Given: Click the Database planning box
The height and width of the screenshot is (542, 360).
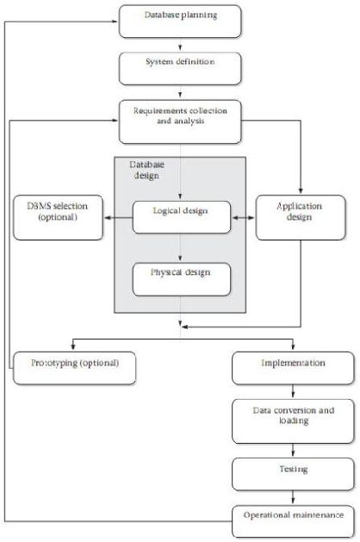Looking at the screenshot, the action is coord(180,22).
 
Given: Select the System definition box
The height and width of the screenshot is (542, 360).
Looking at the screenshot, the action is coord(180,68).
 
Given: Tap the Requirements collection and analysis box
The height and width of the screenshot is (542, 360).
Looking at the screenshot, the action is coord(180,121).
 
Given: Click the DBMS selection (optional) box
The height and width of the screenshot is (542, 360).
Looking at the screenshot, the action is coord(58,217).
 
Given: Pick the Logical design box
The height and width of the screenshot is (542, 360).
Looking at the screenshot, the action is coord(182,217).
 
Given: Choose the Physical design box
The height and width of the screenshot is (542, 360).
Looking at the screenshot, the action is coord(182,279).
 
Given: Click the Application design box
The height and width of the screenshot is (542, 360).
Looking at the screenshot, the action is coord(301,217).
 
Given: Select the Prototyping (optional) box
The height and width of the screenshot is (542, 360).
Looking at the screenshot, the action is coord(74,368).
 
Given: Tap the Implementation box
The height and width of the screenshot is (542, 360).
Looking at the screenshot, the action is coord(293,368).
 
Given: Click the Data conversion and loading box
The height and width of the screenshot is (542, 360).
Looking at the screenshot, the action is coord(293,421).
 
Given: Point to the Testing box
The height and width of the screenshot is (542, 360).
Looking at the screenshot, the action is coord(293,474).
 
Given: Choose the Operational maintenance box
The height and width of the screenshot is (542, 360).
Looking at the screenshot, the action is coord(293,521).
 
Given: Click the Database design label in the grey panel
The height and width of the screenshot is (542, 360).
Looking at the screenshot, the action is coord(146,170).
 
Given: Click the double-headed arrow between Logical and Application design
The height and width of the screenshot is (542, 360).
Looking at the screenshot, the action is coord(243,217).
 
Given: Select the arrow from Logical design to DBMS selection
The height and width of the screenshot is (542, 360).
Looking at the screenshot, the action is coord(119,217).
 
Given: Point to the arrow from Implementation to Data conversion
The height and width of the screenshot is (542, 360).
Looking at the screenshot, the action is coord(293,391).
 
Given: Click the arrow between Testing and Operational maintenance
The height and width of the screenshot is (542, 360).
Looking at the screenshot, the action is coord(293,497).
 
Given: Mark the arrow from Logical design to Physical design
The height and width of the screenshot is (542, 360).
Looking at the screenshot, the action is coord(180,247).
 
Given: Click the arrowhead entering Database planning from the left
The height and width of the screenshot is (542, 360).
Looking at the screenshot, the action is coord(115,22).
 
